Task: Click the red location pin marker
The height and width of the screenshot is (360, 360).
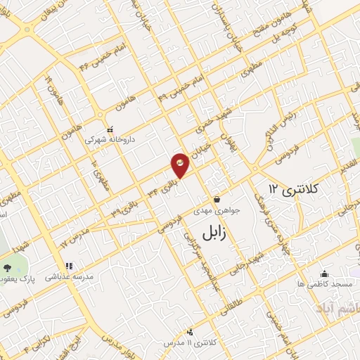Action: click(x=180, y=165)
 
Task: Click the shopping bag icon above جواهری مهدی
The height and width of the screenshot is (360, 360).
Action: click(x=217, y=199)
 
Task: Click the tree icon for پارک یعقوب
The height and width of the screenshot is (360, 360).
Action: click(x=8, y=268)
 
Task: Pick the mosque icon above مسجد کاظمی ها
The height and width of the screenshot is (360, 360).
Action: click(x=324, y=274)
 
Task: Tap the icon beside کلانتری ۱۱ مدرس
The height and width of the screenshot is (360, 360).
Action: click(x=189, y=332)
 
